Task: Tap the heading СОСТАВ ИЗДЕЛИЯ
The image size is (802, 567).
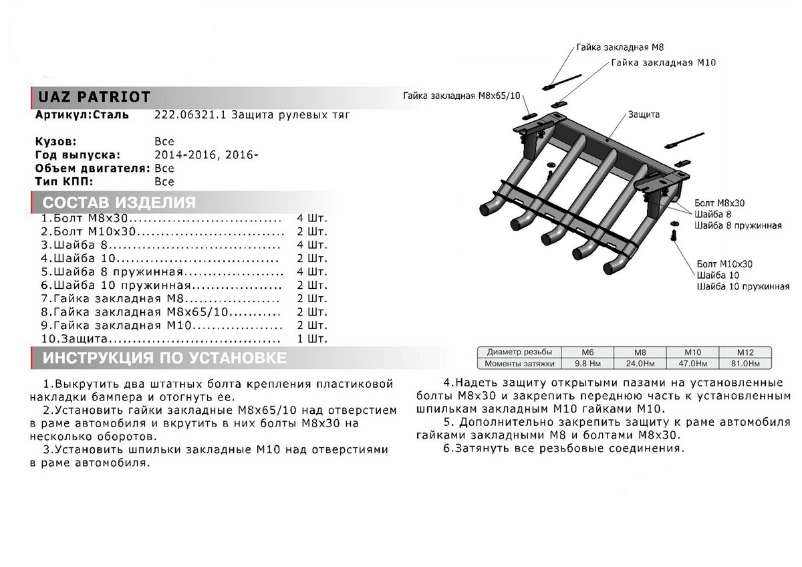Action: coord(119,203)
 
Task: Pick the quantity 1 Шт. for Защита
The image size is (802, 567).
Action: coord(311,339)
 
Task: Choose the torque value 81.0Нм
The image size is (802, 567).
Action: coord(745,363)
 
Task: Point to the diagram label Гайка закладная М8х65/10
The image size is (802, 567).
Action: coord(461,96)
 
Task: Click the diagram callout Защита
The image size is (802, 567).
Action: coord(644,114)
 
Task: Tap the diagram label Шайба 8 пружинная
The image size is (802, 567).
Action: coord(738,225)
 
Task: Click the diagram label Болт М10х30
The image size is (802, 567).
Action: coord(724,263)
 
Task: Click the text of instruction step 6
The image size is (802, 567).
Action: coord(568,449)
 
